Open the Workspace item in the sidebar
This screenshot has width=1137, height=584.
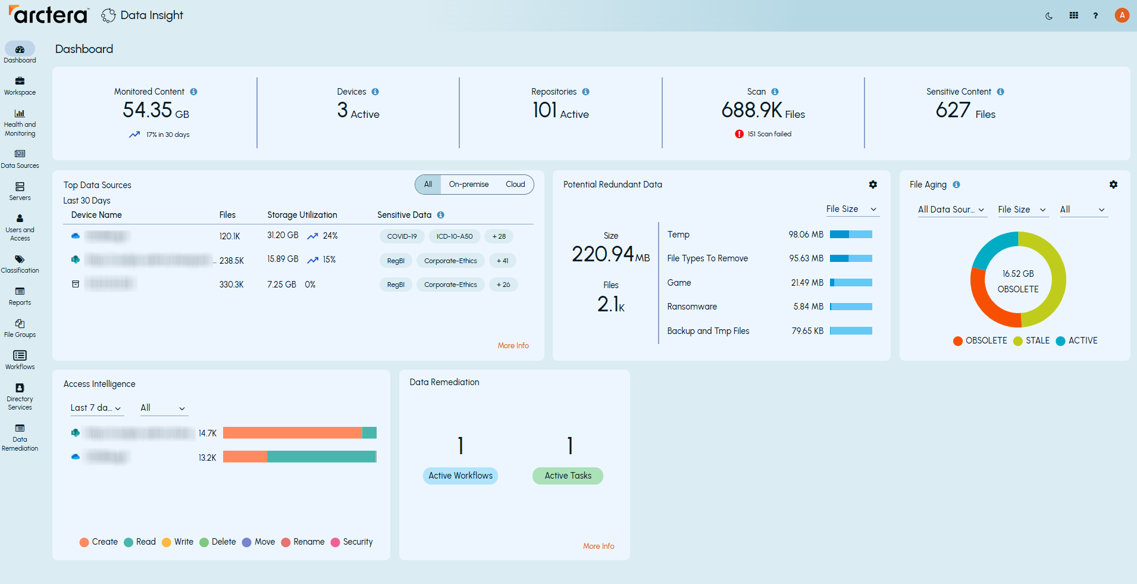click(x=20, y=85)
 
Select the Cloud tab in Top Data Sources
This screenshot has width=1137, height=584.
click(x=515, y=185)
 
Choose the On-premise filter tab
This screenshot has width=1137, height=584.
click(x=468, y=185)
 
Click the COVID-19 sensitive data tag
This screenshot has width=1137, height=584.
click(x=402, y=236)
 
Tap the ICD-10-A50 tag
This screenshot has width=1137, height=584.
click(x=454, y=236)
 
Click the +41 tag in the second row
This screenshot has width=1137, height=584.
click(x=502, y=261)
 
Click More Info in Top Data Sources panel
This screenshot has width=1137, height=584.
click(x=513, y=345)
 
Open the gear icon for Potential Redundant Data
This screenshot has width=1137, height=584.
click(x=872, y=185)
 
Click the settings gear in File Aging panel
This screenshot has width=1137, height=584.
click(x=1113, y=185)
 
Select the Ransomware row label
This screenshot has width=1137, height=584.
click(x=691, y=307)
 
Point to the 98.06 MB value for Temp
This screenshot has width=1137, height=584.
click(x=806, y=235)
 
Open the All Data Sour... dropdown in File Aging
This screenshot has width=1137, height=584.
click(x=950, y=210)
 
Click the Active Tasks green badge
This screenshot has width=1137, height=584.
click(x=567, y=476)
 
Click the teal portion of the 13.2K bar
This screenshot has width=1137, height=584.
click(x=321, y=457)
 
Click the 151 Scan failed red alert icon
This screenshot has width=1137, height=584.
click(x=739, y=134)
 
